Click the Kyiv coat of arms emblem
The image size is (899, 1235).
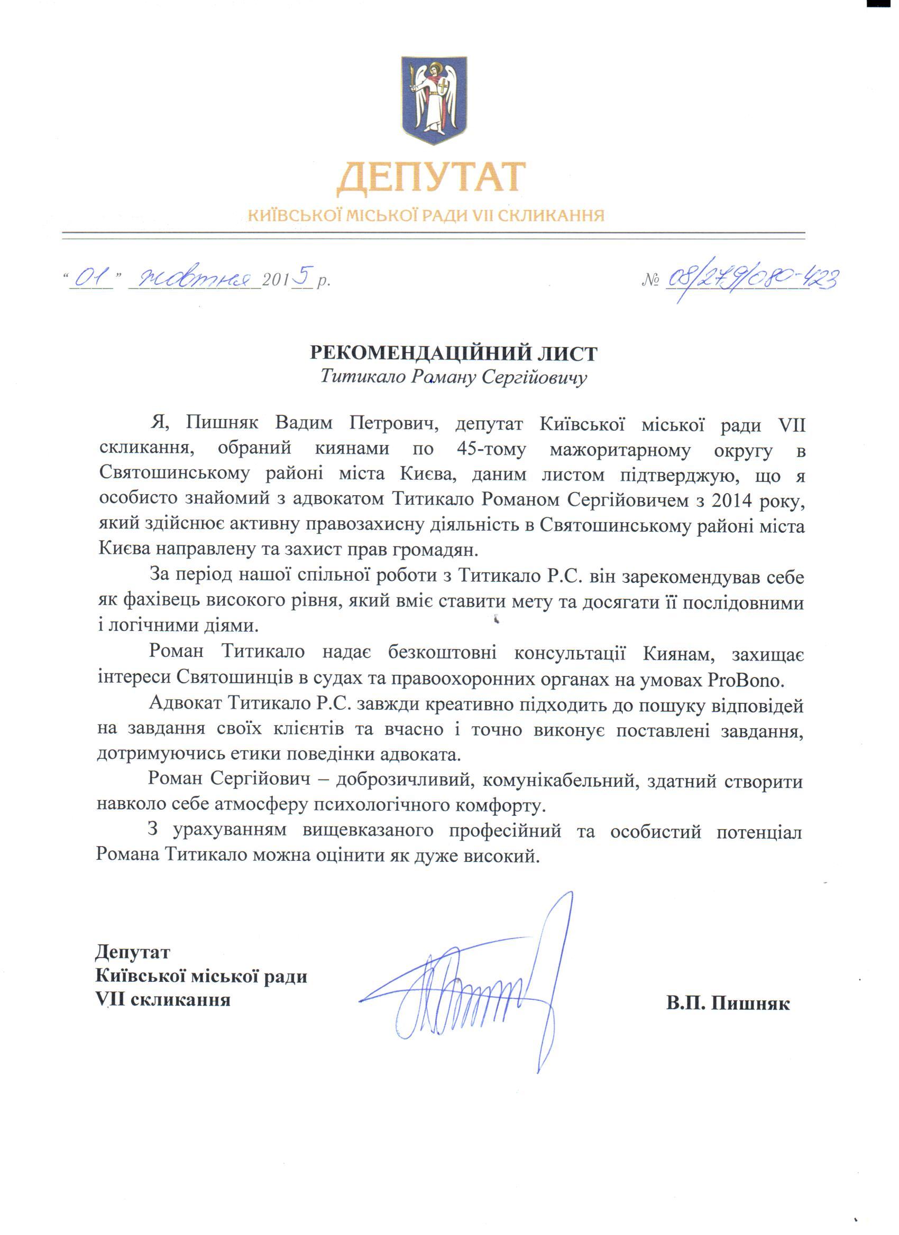pyautogui.click(x=434, y=100)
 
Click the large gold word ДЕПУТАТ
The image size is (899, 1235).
pyautogui.click(x=430, y=178)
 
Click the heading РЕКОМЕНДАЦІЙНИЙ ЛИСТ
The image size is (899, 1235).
pyautogui.click(x=453, y=354)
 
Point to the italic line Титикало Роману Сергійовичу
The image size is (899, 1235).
pyautogui.click(x=453, y=377)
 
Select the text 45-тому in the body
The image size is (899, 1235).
pyautogui.click(x=492, y=449)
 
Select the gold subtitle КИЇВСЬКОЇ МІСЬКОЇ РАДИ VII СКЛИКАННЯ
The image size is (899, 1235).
pyautogui.click(x=426, y=216)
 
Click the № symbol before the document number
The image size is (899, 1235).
pyautogui.click(x=651, y=281)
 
